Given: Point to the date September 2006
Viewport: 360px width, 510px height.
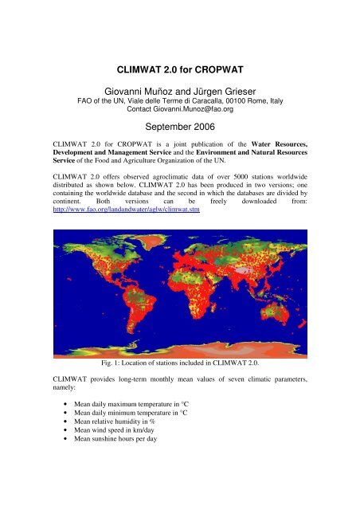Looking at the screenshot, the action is (x=180, y=130).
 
